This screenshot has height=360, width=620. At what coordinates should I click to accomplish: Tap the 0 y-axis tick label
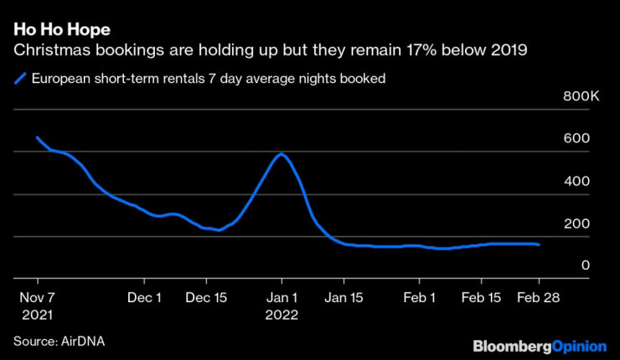586,265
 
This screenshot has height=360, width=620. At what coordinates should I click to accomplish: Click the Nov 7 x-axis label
39,298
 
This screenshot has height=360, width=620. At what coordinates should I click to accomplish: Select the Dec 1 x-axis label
146,298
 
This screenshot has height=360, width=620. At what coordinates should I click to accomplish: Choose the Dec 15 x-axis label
207,298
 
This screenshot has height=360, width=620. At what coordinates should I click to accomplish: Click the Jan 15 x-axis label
345,298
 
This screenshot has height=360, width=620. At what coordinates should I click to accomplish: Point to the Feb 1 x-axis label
420,298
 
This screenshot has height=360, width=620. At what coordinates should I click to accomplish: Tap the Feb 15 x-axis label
481,298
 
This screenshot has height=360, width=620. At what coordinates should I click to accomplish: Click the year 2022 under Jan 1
282,316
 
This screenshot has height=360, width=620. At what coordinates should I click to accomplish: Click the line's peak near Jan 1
282,154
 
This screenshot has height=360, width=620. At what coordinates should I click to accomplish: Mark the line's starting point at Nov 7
38,137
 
